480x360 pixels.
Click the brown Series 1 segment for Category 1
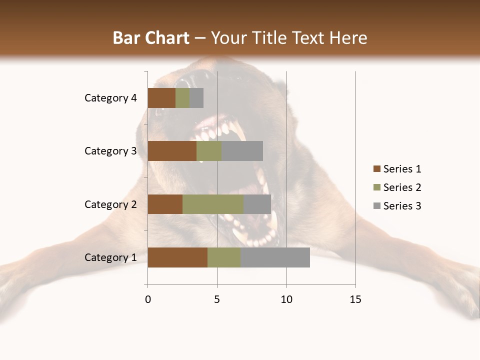(x=177, y=257)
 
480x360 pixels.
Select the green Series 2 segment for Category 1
(x=224, y=257)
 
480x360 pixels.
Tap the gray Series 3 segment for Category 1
(x=275, y=257)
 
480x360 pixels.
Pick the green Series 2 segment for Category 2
(x=213, y=204)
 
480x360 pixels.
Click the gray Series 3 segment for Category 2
(x=257, y=204)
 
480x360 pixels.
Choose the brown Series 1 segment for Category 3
(x=172, y=151)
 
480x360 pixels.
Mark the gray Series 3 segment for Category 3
(x=242, y=151)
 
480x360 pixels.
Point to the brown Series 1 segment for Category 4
(x=161, y=98)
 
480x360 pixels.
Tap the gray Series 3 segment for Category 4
(x=196, y=98)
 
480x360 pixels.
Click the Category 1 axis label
(x=110, y=257)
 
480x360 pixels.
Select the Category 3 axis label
(x=110, y=151)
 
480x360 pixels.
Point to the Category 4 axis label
(x=110, y=98)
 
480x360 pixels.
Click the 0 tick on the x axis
(x=148, y=299)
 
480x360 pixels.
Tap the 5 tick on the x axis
(x=217, y=299)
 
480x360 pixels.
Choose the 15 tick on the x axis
(x=355, y=299)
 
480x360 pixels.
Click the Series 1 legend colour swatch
(x=376, y=169)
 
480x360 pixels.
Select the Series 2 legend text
(x=402, y=187)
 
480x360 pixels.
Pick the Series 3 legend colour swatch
(x=376, y=206)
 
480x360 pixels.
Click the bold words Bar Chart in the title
(x=151, y=38)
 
